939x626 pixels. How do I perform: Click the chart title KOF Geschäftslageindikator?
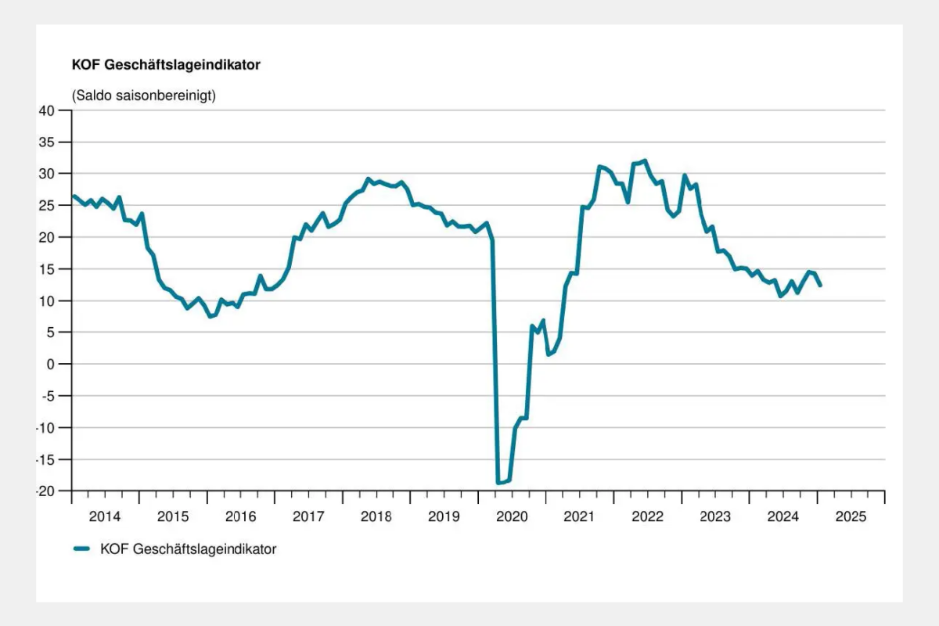pyautogui.click(x=166, y=66)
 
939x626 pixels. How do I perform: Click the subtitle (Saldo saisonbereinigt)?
pyautogui.click(x=143, y=96)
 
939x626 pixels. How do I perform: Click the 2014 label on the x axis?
pyautogui.click(x=105, y=516)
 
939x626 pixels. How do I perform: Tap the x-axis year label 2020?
pyautogui.click(x=512, y=516)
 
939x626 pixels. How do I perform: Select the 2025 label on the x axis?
pyautogui.click(x=851, y=516)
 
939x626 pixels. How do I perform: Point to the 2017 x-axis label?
pyautogui.click(x=308, y=516)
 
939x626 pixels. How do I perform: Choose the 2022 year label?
pyautogui.click(x=647, y=516)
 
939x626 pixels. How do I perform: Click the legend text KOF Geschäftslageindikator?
pyautogui.click(x=188, y=549)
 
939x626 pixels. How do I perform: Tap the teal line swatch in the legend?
pyautogui.click(x=83, y=549)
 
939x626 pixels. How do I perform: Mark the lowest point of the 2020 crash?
pyautogui.click(x=498, y=483)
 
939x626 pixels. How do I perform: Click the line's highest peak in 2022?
pyautogui.click(x=644, y=160)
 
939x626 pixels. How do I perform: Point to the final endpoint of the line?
pyautogui.click(x=820, y=286)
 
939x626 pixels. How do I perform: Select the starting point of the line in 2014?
pyautogui.click(x=73, y=196)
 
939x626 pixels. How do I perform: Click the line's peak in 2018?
pyautogui.click(x=369, y=179)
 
